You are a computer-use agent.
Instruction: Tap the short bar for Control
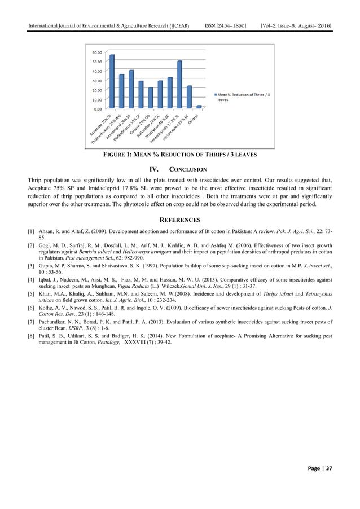point(199,107)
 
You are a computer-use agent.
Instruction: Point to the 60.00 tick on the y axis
point(97,52)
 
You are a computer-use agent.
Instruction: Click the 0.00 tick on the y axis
point(98,108)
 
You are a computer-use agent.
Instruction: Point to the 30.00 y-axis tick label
point(97,80)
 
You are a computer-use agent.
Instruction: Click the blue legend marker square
point(215,95)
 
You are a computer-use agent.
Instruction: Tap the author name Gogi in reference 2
point(44,247)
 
